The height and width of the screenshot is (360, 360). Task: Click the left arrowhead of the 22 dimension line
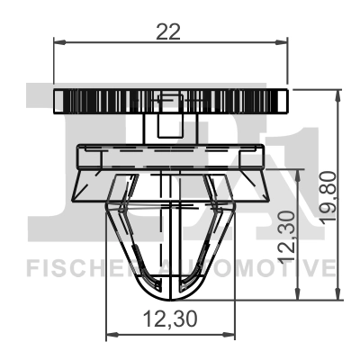(x=59, y=40)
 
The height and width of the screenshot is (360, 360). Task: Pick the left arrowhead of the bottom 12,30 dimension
(x=111, y=335)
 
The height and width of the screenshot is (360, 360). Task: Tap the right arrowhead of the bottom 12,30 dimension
(x=230, y=335)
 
